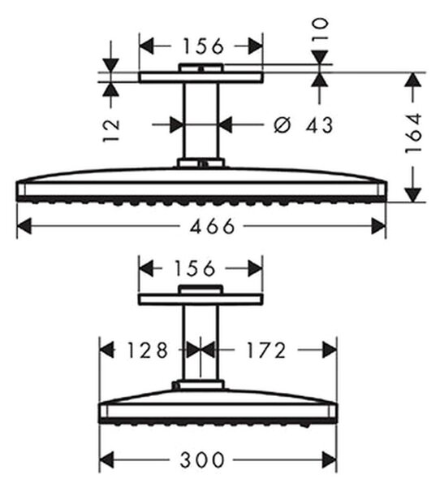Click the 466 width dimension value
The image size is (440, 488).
click(212, 226)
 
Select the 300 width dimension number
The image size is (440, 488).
click(202, 460)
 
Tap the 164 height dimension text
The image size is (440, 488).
click(414, 133)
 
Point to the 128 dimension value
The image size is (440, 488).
click(148, 350)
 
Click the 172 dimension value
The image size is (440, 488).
click(265, 350)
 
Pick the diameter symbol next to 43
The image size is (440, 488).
click(283, 124)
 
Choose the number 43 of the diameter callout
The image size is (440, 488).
click(319, 124)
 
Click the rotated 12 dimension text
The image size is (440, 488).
click(111, 130)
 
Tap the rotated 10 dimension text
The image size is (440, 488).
click(320, 28)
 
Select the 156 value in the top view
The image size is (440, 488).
click(203, 46)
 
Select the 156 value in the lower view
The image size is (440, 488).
click(194, 268)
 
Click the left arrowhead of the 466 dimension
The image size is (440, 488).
click(24, 226)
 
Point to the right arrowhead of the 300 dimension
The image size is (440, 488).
click(330, 460)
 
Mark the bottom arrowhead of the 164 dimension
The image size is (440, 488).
click(413, 195)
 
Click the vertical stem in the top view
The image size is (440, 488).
click(201, 120)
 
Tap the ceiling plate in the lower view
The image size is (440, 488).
click(201, 299)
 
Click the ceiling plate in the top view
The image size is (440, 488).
click(201, 77)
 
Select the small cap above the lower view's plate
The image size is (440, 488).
click(201, 289)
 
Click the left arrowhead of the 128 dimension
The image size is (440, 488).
click(107, 350)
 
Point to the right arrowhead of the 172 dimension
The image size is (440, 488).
click(330, 350)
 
